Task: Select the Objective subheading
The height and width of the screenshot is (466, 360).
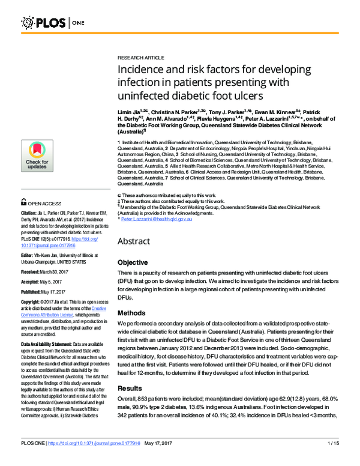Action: click(133, 263)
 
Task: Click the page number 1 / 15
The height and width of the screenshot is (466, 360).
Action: click(334, 460)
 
